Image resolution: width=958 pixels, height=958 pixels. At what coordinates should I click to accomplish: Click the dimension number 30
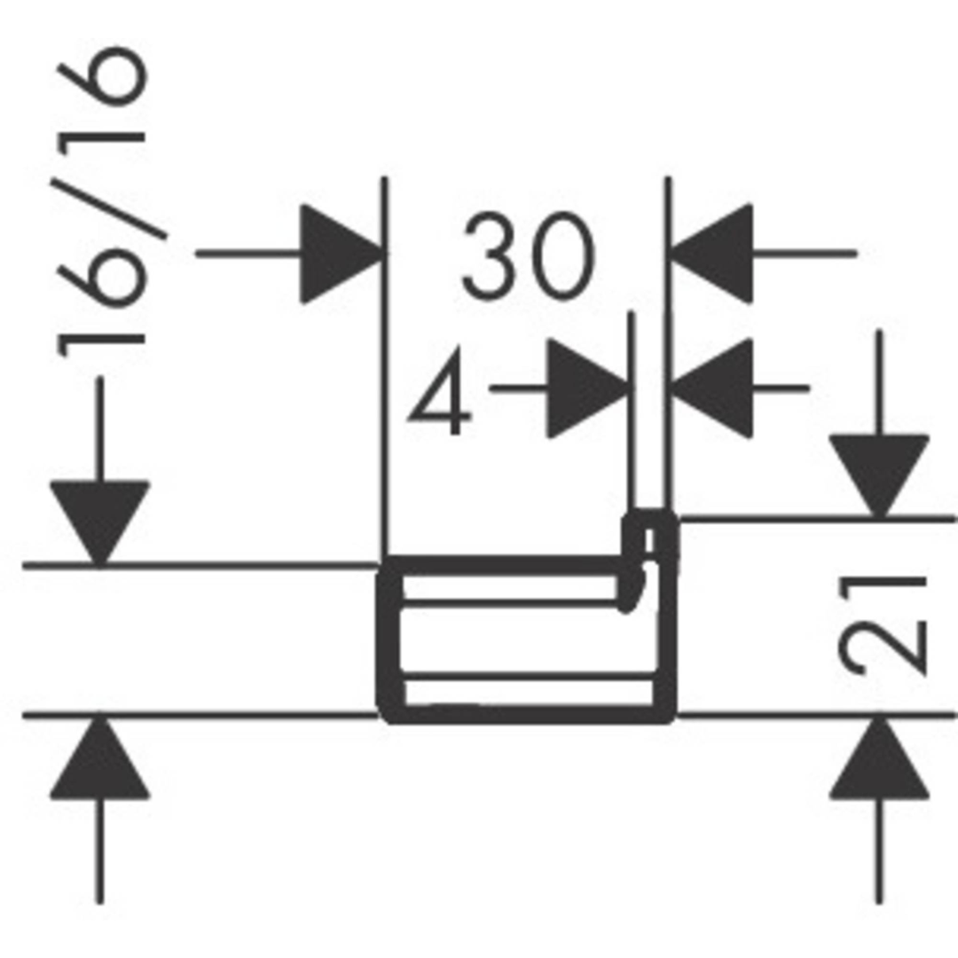click(528, 255)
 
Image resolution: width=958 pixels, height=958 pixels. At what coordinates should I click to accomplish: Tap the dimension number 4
click(441, 392)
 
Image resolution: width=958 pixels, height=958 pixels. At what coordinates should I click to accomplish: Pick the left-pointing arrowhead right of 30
click(711, 253)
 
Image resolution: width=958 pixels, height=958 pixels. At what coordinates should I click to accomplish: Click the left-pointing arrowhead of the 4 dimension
click(711, 389)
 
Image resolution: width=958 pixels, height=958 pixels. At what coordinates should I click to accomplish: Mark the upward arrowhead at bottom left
click(99, 758)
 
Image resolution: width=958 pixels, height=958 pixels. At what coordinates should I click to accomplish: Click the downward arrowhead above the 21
click(879, 476)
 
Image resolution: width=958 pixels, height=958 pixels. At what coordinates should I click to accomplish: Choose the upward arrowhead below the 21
click(879, 758)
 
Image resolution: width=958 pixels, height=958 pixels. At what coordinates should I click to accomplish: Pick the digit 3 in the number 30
click(489, 255)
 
